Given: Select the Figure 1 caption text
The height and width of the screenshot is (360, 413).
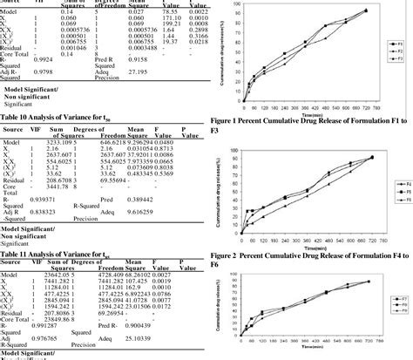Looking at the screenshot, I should (309, 122).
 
